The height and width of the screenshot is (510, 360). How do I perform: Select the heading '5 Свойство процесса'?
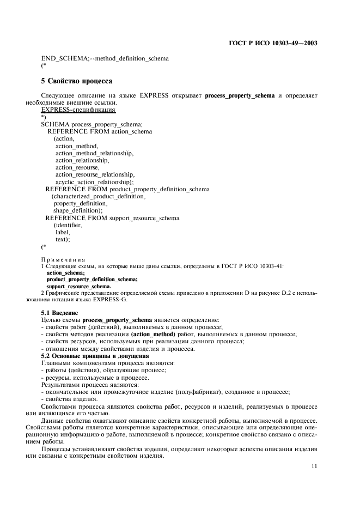click(77, 81)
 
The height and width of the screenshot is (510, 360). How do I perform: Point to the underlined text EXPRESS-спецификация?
click(78, 110)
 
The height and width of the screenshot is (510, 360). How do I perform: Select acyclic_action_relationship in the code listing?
click(95, 181)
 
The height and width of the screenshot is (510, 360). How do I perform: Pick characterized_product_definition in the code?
click(99, 196)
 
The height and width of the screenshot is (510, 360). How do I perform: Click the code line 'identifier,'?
click(68, 224)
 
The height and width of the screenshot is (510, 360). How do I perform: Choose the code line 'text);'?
click(63, 239)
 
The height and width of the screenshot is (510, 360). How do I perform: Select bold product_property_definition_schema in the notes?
click(92, 279)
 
